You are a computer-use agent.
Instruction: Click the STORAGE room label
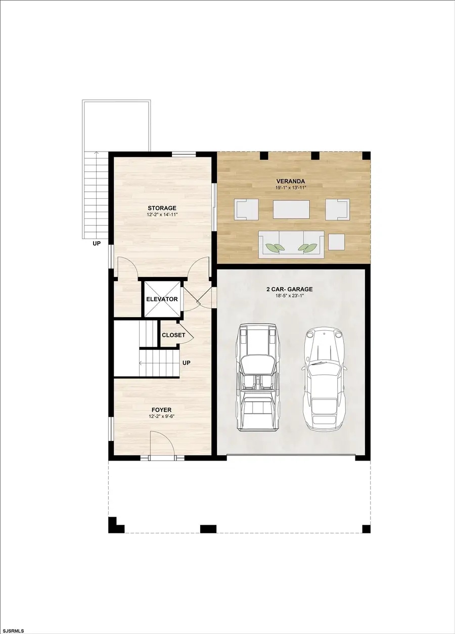point(162,208)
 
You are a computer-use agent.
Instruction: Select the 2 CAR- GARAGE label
point(290,289)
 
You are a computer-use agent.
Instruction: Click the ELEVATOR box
point(162,299)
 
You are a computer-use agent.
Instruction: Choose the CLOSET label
point(173,335)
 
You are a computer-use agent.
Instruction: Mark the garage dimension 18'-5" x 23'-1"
point(290,296)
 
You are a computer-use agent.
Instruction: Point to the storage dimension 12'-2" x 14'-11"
point(162,215)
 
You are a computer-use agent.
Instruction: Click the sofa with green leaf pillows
point(291,244)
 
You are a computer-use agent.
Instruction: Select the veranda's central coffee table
point(291,209)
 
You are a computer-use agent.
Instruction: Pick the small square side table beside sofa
point(337,242)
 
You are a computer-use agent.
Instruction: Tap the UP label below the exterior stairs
point(96,243)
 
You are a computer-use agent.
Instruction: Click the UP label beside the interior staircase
point(187,363)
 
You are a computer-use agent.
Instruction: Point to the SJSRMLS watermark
point(16,630)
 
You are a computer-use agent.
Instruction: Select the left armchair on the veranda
point(246,209)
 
